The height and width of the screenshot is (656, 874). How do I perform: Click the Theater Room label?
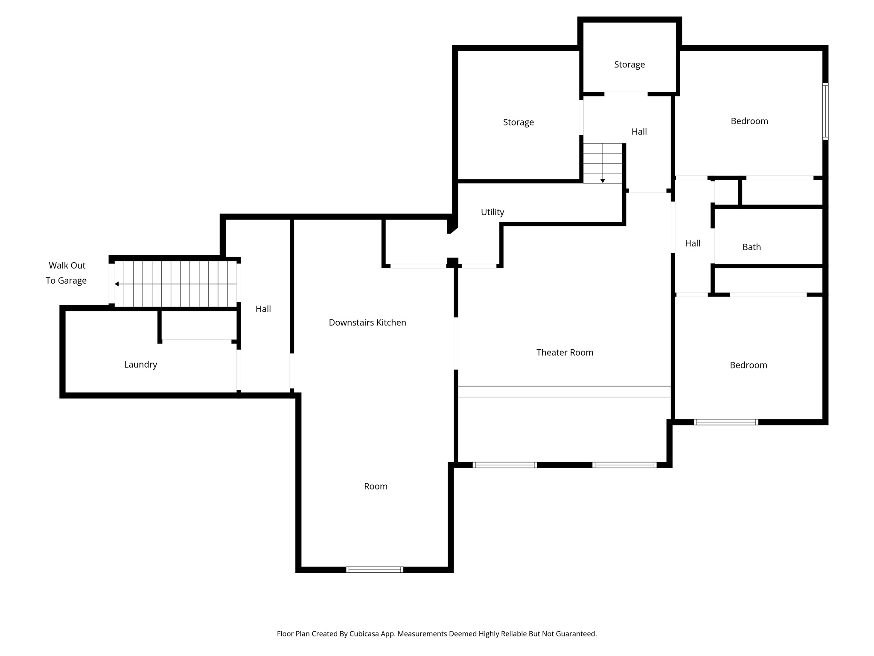[565, 352]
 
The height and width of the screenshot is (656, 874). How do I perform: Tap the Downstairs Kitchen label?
[367, 322]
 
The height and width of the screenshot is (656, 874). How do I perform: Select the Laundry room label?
[140, 364]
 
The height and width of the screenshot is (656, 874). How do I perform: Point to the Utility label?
[492, 212]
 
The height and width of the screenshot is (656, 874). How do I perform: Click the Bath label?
[751, 247]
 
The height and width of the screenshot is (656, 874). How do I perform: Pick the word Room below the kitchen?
[376, 486]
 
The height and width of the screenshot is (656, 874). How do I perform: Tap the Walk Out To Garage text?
[67, 273]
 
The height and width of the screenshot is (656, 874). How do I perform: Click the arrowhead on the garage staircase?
[117, 284]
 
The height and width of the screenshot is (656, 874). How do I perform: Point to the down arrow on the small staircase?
[603, 181]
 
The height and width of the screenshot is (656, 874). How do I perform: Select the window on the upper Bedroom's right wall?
[825, 111]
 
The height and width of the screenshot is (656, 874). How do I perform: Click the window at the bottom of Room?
[374, 569]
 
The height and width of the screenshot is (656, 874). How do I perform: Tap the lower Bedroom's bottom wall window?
[725, 422]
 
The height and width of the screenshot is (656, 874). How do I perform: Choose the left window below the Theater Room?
[504, 465]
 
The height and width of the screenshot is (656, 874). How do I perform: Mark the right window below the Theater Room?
[624, 465]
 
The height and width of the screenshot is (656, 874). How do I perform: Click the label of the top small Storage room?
[629, 64]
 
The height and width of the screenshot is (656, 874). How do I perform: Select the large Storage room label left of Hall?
[518, 122]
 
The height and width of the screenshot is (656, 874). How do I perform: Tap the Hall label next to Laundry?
[263, 309]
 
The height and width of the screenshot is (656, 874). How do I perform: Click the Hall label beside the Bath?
[692, 243]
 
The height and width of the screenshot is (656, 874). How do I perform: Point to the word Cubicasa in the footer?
[365, 634]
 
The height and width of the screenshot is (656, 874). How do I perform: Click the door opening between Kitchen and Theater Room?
[456, 343]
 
